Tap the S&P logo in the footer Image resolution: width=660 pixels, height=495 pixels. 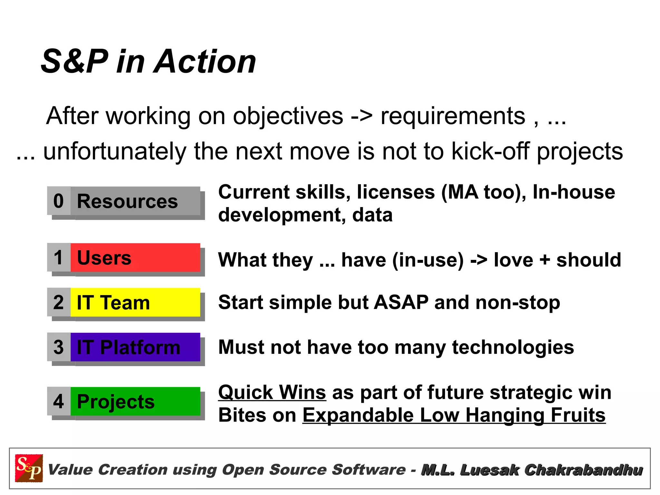[x=29, y=468]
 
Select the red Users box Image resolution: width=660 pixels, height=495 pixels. [x=135, y=258]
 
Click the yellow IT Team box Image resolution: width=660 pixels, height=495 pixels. [x=135, y=302]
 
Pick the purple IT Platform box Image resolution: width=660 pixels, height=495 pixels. [x=135, y=347]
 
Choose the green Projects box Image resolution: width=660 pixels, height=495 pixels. [x=135, y=401]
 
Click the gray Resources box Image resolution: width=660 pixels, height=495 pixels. [x=135, y=201]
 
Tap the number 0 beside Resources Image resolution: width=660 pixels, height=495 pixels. [x=59, y=201]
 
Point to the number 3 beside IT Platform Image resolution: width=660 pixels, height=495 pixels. [x=59, y=347]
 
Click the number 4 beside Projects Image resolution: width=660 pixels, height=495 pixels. [x=59, y=401]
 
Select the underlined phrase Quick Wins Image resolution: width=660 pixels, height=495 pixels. [x=272, y=392]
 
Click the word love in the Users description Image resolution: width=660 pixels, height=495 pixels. [x=513, y=260]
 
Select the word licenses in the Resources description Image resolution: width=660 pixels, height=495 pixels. [x=396, y=192]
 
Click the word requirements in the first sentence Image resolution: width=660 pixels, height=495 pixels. [x=453, y=116]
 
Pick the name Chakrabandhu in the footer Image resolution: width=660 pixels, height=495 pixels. [x=583, y=470]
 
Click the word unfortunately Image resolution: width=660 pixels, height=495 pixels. [x=115, y=151]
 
